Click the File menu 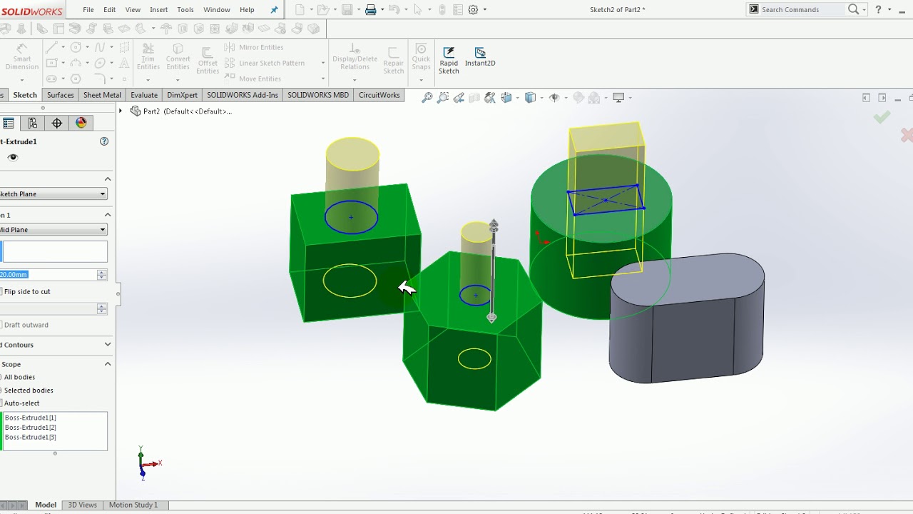coord(88,10)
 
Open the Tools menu coord(185,10)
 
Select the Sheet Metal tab coord(102,95)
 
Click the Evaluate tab coord(143,95)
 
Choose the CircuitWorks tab coord(379,95)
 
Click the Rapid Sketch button coord(449,60)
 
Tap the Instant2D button coord(480,56)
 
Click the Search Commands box coord(803,9)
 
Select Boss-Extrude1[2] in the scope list coord(31,427)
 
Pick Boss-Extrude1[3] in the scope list coord(31,437)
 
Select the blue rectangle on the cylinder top coord(605,188)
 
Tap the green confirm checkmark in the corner coord(882,118)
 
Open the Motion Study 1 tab coord(133,505)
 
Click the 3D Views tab coord(82,505)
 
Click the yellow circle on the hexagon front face coord(474,350)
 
